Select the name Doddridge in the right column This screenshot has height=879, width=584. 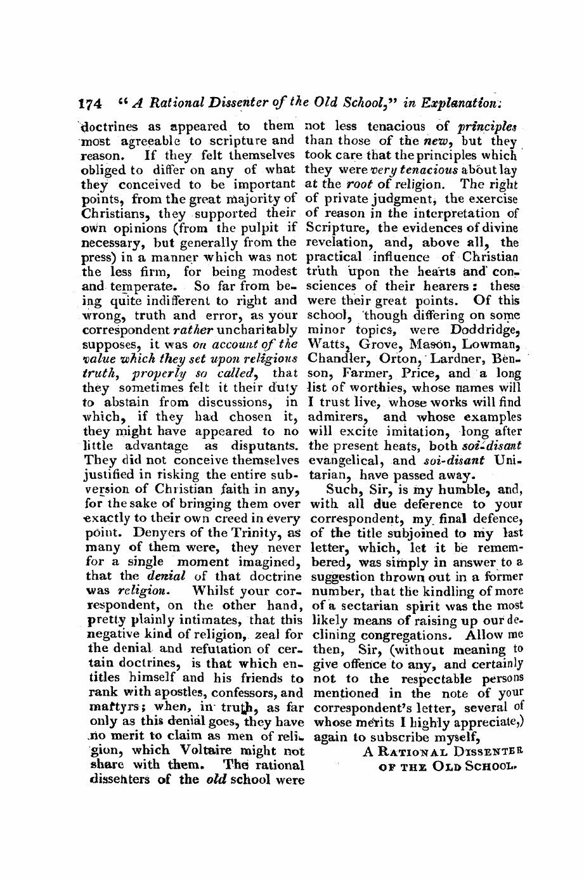pyautogui.click(x=484, y=330)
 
